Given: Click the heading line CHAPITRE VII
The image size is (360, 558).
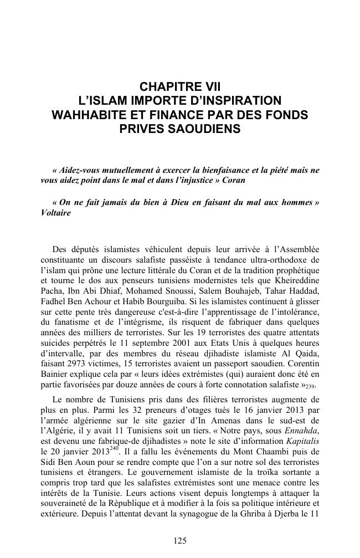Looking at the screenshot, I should point(180,86).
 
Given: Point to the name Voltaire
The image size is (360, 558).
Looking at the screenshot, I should point(56,213).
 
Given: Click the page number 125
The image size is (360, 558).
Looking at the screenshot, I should point(180,541).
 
